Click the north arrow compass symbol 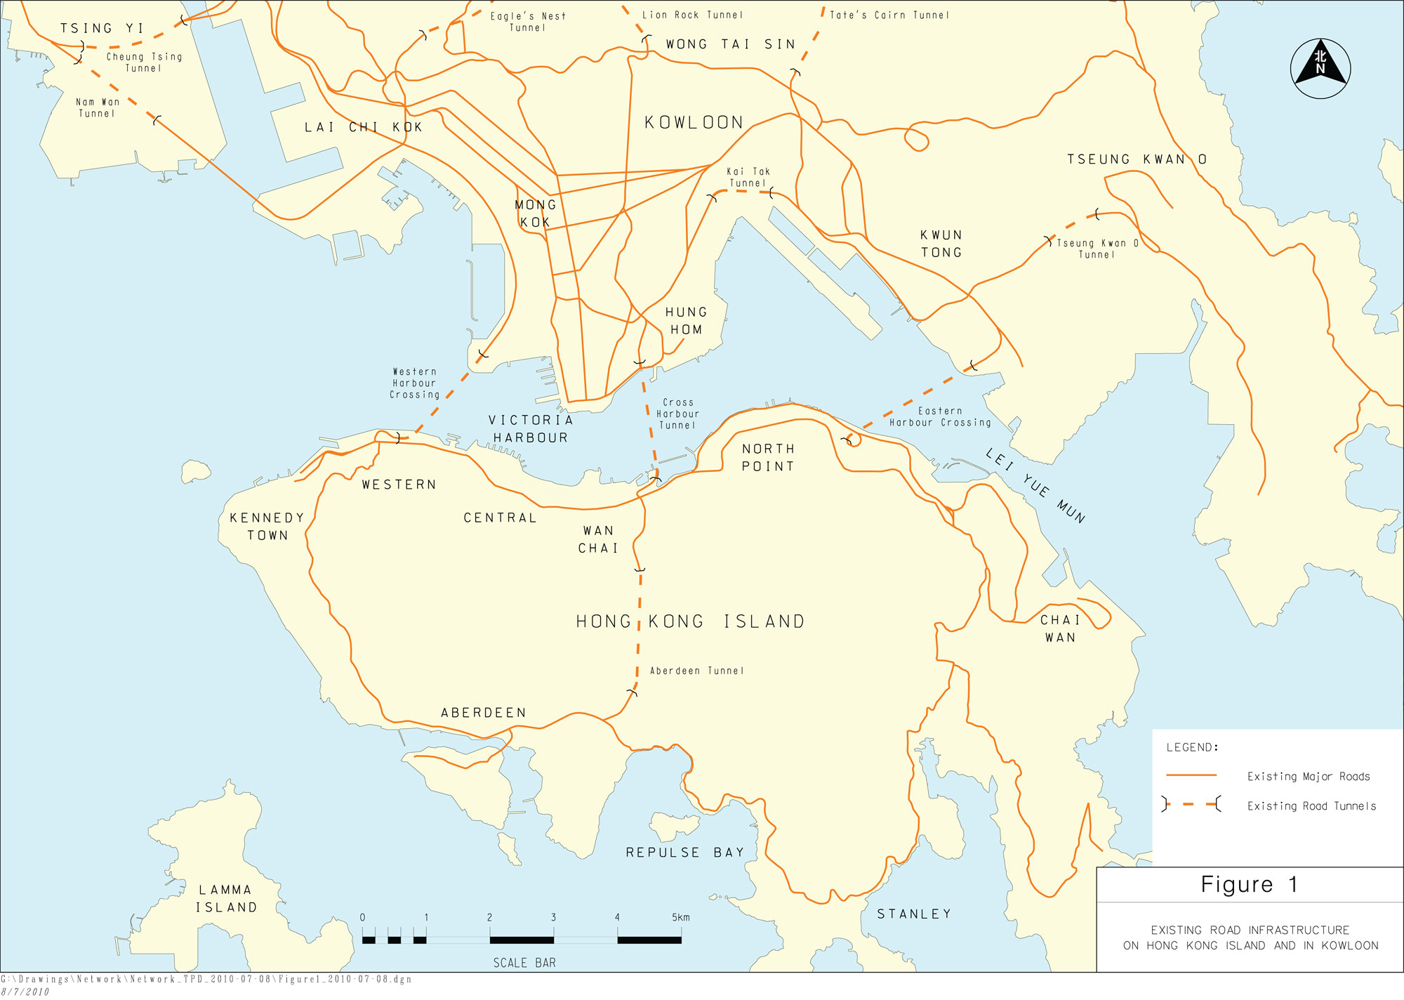click(x=1320, y=68)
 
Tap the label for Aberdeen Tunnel click(x=696, y=671)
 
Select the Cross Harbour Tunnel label click(x=677, y=414)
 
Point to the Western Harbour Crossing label click(x=414, y=383)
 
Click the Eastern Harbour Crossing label click(x=940, y=416)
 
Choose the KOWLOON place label click(x=694, y=122)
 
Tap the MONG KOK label click(x=535, y=213)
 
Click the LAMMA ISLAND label click(x=226, y=898)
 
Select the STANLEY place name click(x=914, y=914)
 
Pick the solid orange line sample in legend click(x=1191, y=775)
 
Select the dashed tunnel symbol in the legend click(x=1191, y=805)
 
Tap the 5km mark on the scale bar click(x=680, y=917)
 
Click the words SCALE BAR click(x=524, y=963)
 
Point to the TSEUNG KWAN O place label click(x=1137, y=159)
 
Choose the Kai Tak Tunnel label click(x=748, y=177)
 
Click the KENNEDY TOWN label click(x=267, y=526)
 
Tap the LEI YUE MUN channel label click(x=1035, y=486)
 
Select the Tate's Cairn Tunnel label click(x=889, y=15)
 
